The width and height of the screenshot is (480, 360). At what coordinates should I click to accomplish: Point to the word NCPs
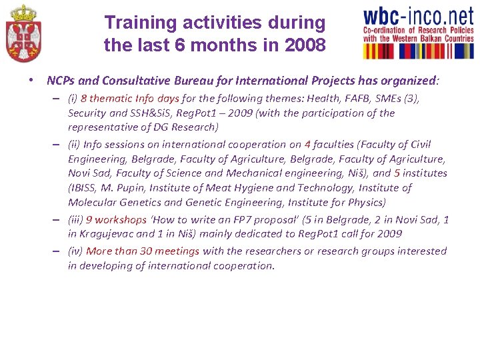click(61, 81)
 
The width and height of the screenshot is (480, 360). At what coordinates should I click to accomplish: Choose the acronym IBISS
click(84, 188)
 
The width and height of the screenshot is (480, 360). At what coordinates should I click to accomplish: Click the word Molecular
click(93, 203)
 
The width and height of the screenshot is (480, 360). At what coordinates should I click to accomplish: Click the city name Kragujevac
click(111, 234)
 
